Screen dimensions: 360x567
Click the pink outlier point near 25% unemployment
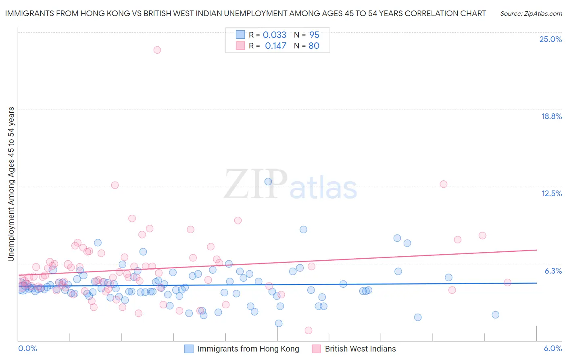tap(157, 50)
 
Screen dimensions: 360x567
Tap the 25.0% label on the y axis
tap(550, 39)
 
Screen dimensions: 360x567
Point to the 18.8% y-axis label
tap(551, 116)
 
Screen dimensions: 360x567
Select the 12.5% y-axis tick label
tap(551, 193)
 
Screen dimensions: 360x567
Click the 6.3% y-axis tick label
tap(553, 271)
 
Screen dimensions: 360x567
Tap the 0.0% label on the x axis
tap(27, 348)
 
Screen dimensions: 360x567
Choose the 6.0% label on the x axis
tap(552, 348)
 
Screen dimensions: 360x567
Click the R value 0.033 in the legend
tap(275, 35)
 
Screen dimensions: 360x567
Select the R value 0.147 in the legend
tap(275, 46)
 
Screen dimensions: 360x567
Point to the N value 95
tap(314, 35)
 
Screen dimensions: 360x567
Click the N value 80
tap(314, 46)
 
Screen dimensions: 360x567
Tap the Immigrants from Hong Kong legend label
tap(248, 349)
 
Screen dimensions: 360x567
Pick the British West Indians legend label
tap(360, 349)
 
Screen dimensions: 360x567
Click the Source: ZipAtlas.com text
tap(531, 14)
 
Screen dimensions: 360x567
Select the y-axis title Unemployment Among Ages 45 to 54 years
tap(11, 184)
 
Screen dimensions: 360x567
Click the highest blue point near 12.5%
tap(268, 182)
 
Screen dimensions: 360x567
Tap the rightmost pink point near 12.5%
tap(444, 184)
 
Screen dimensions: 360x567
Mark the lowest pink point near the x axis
tap(309, 331)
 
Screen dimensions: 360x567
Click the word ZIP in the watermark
tap(256, 184)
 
